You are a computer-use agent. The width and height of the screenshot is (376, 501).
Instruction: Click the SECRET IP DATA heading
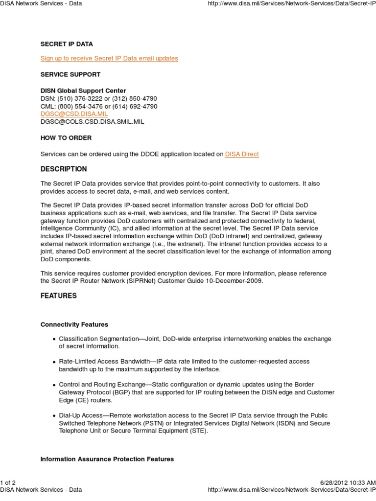[66, 44]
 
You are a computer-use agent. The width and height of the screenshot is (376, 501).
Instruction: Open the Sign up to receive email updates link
[109, 58]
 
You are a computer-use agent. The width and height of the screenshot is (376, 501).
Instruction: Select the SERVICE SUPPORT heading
[70, 74]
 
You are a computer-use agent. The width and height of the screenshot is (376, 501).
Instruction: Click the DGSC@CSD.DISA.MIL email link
[73, 114]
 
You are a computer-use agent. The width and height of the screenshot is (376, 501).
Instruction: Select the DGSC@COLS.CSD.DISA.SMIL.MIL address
[93, 121]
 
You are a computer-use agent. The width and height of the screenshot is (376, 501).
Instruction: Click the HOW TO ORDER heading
[66, 138]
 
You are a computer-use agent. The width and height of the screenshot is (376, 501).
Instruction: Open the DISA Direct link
[242, 154]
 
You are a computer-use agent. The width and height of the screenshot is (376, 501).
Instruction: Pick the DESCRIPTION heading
[64, 169]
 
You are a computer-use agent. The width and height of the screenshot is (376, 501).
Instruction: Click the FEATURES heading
[58, 296]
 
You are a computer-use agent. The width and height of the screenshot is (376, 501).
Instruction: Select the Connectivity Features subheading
[74, 324]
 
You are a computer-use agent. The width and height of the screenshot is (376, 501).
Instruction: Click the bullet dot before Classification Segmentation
[54, 340]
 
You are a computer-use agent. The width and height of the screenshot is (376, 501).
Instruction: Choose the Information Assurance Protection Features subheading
[107, 459]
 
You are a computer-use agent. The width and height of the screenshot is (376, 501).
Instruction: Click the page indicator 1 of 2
[9, 482]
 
